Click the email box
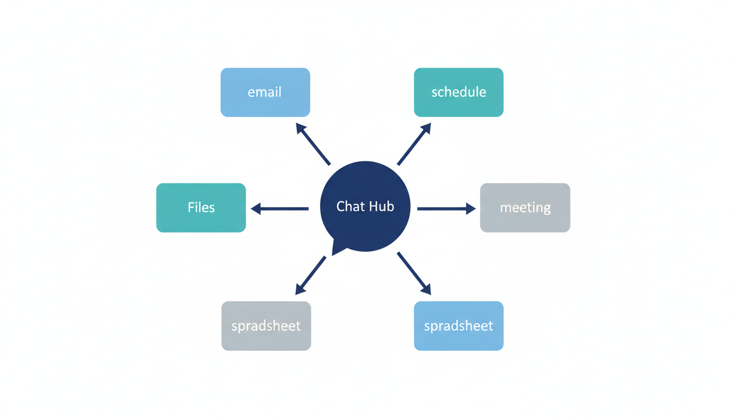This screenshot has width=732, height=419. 265,92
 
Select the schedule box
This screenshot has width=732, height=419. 459,92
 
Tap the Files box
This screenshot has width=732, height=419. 201,208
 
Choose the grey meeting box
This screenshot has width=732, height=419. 525,208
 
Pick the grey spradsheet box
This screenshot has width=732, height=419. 266,326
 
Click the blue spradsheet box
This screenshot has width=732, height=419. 459,326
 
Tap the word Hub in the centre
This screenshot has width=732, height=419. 382,206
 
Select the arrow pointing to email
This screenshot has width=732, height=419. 313,144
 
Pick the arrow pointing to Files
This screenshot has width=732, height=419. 280,208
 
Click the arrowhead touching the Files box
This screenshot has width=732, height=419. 256,208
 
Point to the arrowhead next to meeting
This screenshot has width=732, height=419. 471,208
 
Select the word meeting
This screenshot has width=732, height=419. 525,208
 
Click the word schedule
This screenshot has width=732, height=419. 459,92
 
